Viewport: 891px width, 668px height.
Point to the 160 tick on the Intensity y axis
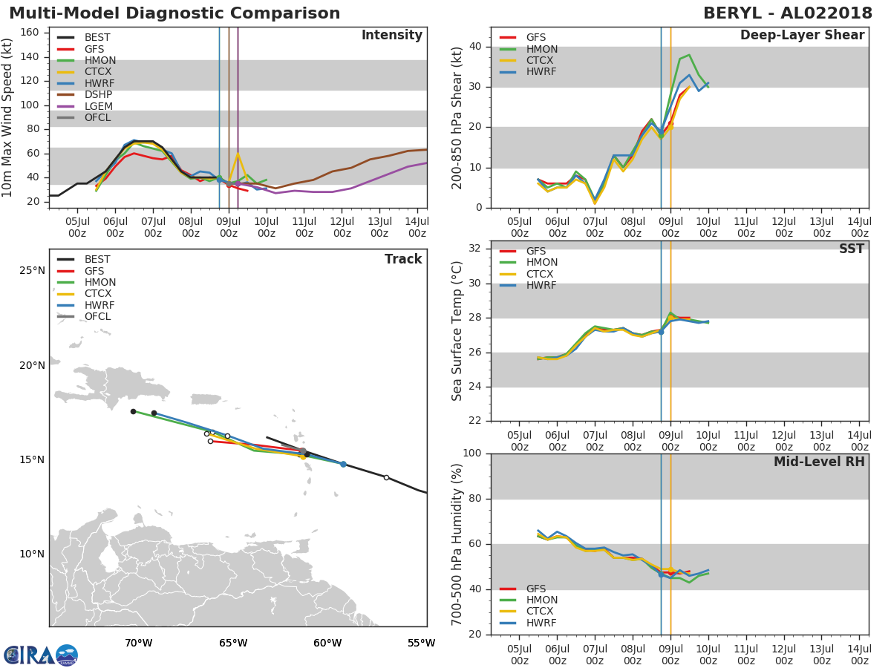coord(30,33)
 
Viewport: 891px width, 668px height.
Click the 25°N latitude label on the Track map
coord(32,270)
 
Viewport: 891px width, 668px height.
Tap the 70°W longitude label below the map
coord(138,643)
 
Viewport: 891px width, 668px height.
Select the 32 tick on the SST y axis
coord(475,248)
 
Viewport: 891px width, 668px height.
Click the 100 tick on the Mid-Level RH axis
coord(472,453)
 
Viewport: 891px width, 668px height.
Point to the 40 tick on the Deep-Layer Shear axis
coord(475,46)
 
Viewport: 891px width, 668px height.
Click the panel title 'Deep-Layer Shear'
coord(802,36)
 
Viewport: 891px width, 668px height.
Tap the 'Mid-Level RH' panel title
coord(819,462)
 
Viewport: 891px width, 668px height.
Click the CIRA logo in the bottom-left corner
coord(41,655)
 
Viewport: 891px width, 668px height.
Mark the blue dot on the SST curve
coord(661,332)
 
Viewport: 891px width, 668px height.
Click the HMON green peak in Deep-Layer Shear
coord(689,55)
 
